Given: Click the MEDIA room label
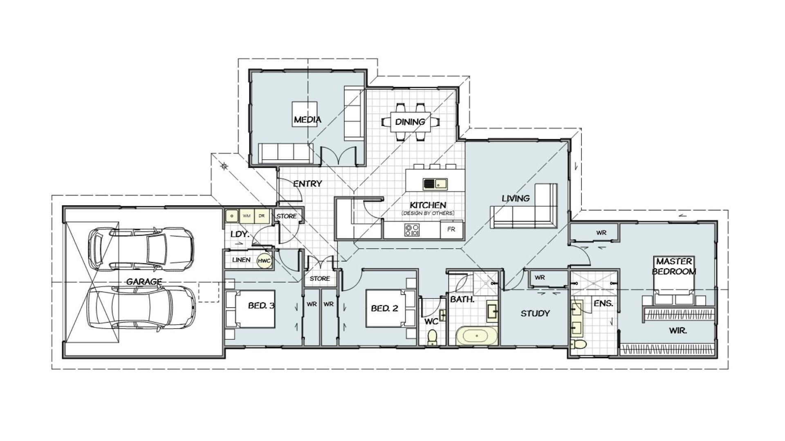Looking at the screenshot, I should point(307,120).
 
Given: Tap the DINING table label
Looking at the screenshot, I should point(410,122).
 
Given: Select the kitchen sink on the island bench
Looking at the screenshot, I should point(435,184).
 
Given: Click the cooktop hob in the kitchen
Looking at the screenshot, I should point(412,230).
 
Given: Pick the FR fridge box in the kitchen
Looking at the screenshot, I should point(451,229).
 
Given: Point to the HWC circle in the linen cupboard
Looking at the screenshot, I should point(265,261).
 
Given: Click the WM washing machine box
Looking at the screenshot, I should point(247,216).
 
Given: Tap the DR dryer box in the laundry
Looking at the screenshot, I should point(262,216).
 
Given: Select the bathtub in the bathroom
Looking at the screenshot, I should point(477,336).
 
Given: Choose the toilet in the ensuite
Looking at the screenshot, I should point(578,344).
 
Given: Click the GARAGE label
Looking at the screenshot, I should point(144,282).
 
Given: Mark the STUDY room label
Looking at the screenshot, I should point(535,314).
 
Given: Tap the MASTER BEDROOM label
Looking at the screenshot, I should point(674,266).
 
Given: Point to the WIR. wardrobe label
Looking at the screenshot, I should point(678,331).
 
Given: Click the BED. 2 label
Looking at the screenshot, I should point(384,308).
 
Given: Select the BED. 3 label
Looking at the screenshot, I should point(261,305).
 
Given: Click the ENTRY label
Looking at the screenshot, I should point(307,184).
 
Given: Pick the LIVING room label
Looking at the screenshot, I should point(516,198).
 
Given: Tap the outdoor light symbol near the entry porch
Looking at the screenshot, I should point(224,166).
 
